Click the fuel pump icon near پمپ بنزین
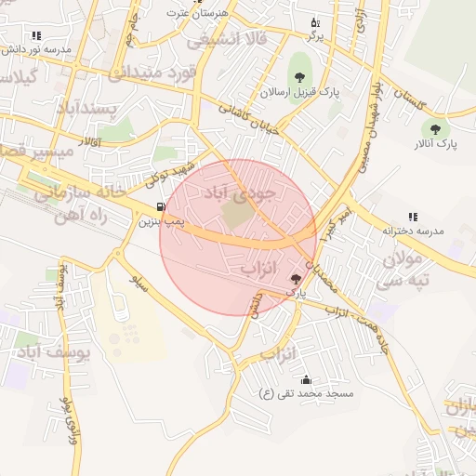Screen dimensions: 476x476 click(163, 206)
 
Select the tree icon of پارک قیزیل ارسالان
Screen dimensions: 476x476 click(299, 75)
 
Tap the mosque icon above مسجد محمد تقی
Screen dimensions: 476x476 click(307, 379)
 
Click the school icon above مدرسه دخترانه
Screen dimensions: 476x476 click(413, 216)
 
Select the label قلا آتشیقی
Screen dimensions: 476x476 click(227, 39)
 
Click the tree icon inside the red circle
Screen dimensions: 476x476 click(297, 278)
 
